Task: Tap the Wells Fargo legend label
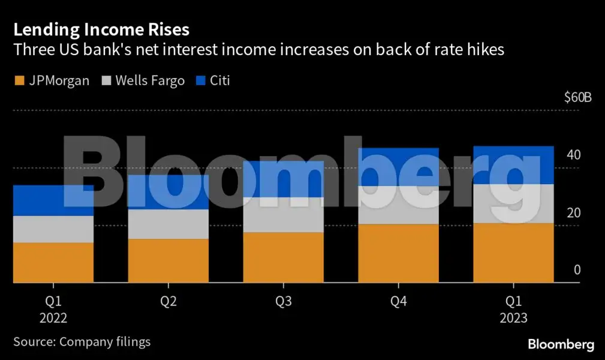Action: (x=150, y=80)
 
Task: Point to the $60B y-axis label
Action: (x=577, y=98)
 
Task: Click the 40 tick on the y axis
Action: (x=574, y=155)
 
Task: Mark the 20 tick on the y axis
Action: (x=574, y=213)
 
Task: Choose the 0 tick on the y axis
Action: (x=577, y=270)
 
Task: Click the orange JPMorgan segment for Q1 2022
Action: (x=53, y=262)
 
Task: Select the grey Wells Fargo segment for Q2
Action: (x=168, y=224)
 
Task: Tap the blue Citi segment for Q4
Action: (x=399, y=166)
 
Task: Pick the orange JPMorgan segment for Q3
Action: (x=284, y=257)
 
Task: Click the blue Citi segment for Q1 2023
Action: (x=514, y=164)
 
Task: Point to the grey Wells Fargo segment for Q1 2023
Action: (x=514, y=203)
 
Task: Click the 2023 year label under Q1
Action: (x=514, y=318)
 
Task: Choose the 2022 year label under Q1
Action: (x=53, y=318)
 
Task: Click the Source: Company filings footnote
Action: (x=82, y=342)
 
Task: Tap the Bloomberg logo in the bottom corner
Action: (x=561, y=344)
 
